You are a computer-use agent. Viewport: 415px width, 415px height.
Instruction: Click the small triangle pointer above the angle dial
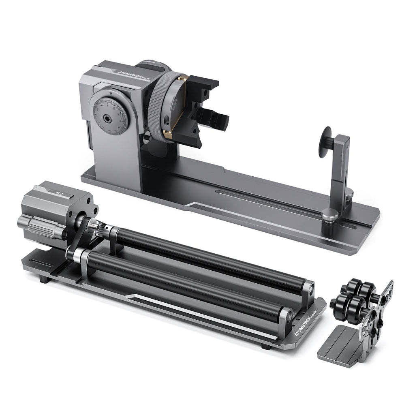(110, 94)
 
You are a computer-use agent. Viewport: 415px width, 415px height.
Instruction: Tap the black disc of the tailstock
(324, 142)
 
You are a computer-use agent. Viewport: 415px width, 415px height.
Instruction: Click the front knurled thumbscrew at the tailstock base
(329, 214)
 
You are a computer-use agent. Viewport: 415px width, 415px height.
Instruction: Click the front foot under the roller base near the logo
(266, 347)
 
